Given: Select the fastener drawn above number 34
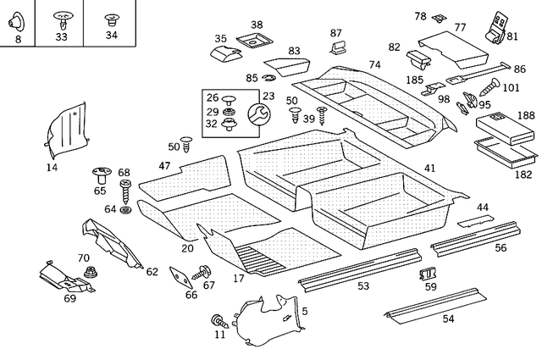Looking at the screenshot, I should click(112, 18).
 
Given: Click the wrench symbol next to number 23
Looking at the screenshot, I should click(257, 114).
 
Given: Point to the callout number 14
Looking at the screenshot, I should click(53, 168).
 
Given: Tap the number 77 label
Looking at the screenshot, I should click(460, 27).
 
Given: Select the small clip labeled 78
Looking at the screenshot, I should click(438, 18).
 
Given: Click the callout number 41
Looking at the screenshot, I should click(430, 169).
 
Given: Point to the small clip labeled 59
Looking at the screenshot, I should click(428, 273).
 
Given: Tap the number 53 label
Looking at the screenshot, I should click(363, 286).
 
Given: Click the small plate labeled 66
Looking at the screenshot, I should click(180, 276).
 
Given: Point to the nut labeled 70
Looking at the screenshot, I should click(89, 271).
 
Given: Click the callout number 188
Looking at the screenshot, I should click(526, 115).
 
